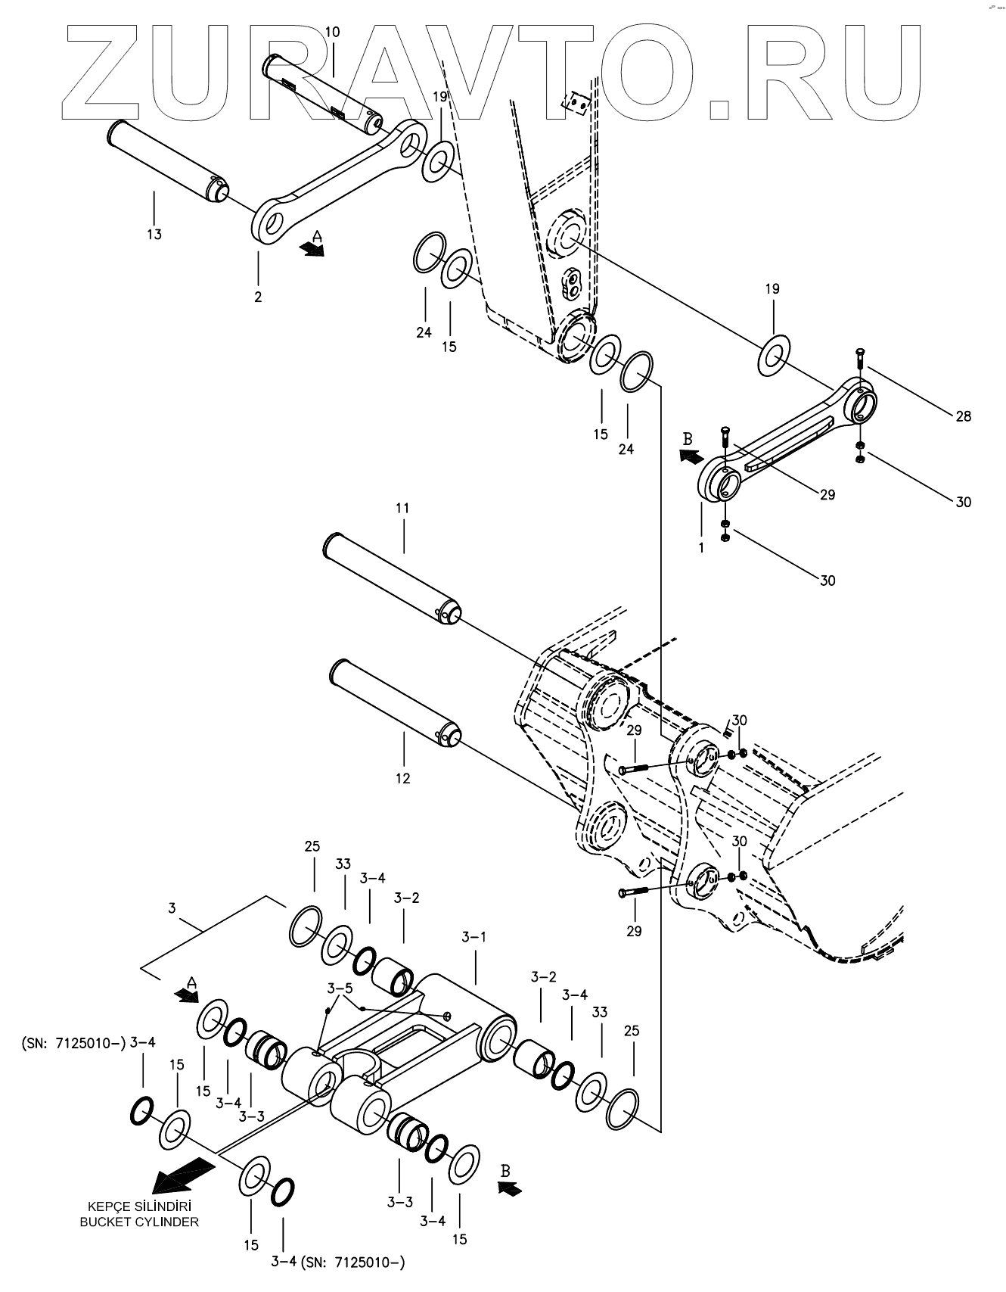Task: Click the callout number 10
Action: (x=333, y=32)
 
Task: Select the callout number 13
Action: (x=154, y=235)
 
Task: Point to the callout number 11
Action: (x=402, y=508)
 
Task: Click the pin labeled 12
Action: (x=396, y=702)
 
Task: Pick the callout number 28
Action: (x=963, y=416)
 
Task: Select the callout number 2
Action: (x=258, y=297)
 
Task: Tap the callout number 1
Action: (x=701, y=547)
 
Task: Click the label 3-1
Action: (x=474, y=937)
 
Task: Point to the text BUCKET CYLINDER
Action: (x=140, y=1222)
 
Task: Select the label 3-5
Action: (x=340, y=988)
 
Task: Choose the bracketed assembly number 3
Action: (x=172, y=908)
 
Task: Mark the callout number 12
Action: (x=402, y=778)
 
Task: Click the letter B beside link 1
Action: (x=688, y=438)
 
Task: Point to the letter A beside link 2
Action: (x=318, y=237)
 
